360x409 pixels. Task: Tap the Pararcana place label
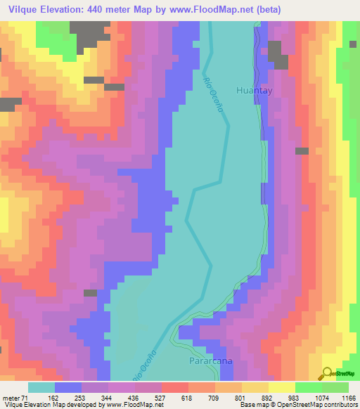pyautogui.click(x=210, y=361)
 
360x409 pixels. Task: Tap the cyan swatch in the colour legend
pyautogui.click(x=41, y=387)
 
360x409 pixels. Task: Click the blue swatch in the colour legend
pyautogui.click(x=67, y=387)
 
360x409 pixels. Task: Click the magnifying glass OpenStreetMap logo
pyautogui.click(x=328, y=373)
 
